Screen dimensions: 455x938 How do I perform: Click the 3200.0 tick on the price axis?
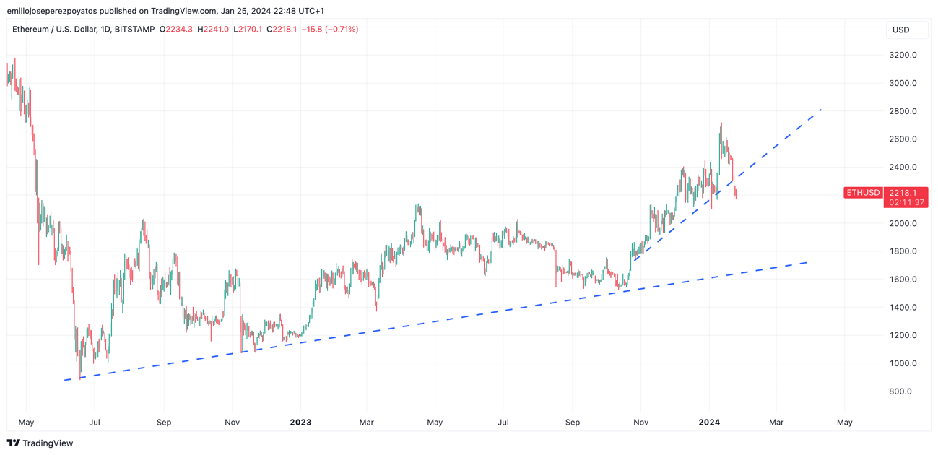tap(903, 55)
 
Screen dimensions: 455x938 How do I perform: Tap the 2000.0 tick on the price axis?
tap(903, 223)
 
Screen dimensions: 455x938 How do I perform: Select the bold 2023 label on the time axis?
tap(300, 422)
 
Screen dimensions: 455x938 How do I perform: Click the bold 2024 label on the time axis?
tap(709, 422)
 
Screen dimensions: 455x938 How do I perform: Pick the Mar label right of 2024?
tap(776, 422)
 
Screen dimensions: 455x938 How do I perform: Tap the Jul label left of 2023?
tap(95, 422)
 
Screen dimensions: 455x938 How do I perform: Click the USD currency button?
tap(901, 30)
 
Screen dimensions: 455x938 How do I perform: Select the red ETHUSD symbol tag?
tap(863, 193)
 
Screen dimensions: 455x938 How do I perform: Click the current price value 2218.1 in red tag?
tap(903, 193)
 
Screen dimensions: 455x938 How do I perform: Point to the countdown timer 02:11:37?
tap(907, 203)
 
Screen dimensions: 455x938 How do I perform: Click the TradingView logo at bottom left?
tap(40, 443)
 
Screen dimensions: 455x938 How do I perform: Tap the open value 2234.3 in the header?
tap(179, 30)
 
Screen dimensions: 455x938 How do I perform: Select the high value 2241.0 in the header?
tap(216, 30)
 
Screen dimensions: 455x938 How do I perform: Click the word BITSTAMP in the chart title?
tap(134, 30)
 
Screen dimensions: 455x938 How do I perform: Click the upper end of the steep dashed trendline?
tap(822, 109)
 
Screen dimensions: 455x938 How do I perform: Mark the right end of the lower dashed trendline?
tap(807, 262)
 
